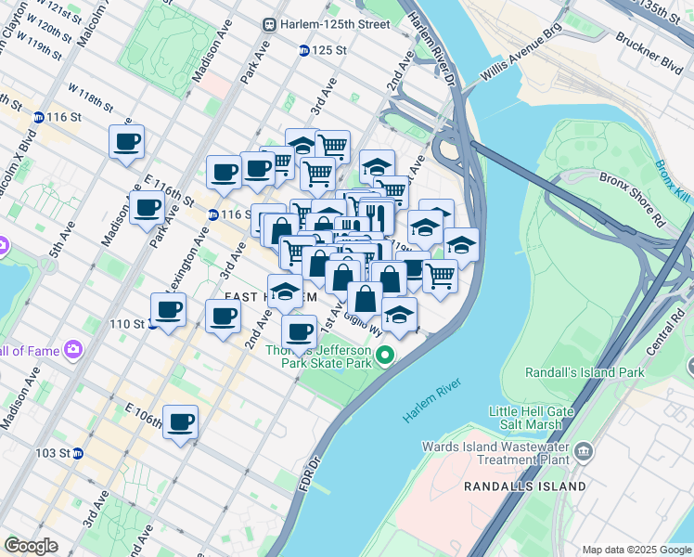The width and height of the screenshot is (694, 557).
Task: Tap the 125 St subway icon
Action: tap(303, 50)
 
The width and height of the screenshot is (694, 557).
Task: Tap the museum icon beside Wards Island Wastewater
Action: tap(584, 451)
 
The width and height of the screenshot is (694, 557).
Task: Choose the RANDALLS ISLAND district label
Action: tap(525, 486)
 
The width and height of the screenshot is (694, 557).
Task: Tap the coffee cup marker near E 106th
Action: tap(180, 421)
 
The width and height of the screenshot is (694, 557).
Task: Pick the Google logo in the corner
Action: tap(31, 546)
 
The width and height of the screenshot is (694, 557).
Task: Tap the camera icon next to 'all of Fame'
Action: tap(73, 350)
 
